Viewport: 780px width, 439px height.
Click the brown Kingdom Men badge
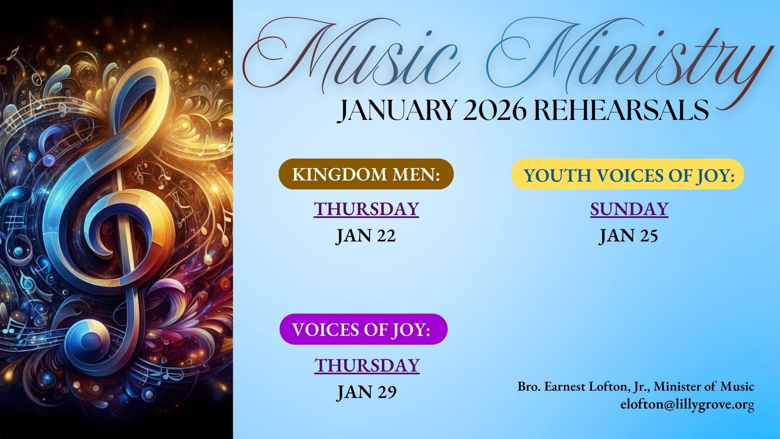tap(366, 174)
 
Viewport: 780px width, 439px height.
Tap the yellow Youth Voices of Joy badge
tap(627, 174)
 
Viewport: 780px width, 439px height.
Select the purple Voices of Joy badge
tap(364, 329)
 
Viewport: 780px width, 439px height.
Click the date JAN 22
tap(366, 236)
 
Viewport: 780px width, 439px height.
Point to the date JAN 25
tap(628, 236)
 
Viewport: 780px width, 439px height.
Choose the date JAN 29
tap(367, 392)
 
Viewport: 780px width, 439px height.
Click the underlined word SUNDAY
tap(629, 209)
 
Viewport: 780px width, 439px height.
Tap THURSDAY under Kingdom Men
tap(366, 209)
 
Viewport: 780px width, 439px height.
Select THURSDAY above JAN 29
tap(367, 365)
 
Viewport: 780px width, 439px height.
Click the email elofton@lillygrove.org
tap(687, 405)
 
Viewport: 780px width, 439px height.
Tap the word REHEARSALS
tap(620, 110)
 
